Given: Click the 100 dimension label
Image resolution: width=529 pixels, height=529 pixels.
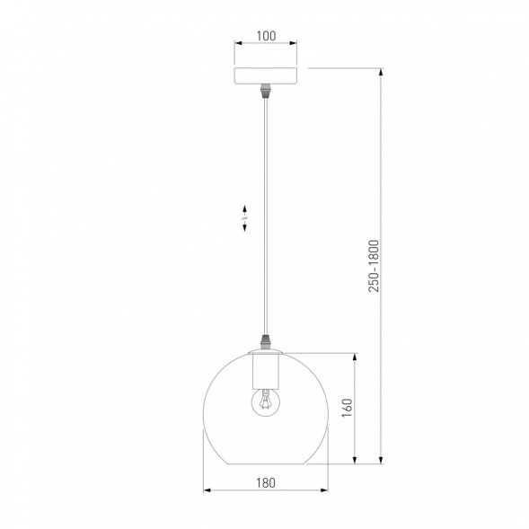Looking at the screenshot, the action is (x=266, y=36).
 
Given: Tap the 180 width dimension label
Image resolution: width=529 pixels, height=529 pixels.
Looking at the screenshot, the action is (x=266, y=483).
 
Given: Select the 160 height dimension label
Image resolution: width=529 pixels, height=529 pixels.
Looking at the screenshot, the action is (x=348, y=408).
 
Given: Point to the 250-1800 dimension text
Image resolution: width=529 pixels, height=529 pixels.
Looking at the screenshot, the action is (x=374, y=266).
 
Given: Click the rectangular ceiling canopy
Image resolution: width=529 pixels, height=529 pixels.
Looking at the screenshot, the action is (x=266, y=76).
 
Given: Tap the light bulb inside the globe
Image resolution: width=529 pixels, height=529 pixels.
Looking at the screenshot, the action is (x=266, y=401).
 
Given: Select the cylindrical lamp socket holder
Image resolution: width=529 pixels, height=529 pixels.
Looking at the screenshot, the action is (x=266, y=371).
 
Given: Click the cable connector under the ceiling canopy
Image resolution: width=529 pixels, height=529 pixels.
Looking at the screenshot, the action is (x=266, y=92).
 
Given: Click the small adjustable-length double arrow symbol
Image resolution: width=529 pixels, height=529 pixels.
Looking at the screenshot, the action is (x=244, y=218).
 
